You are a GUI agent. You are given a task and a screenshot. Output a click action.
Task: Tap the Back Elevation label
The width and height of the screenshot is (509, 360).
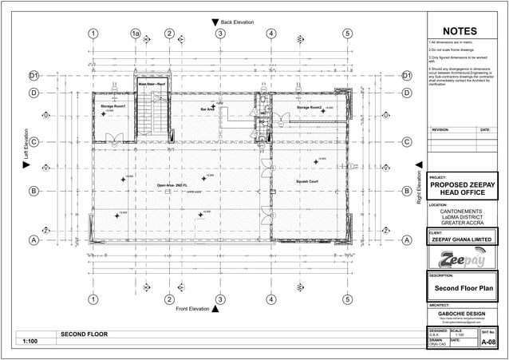237,22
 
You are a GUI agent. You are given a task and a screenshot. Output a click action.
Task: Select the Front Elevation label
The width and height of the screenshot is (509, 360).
191,309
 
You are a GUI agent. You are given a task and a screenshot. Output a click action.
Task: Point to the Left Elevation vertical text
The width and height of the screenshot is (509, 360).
25,148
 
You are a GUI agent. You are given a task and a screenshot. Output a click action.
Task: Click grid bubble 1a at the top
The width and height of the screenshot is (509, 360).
136,34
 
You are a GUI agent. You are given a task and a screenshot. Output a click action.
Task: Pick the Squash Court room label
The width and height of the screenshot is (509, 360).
307,181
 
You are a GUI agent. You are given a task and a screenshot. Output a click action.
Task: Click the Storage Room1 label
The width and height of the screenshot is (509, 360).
112,106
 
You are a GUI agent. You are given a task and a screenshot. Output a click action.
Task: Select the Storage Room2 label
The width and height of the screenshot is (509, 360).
309,107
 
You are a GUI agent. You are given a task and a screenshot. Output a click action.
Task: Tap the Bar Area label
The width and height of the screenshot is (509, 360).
207,109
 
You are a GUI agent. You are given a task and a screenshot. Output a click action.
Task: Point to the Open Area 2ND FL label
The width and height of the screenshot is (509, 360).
172,184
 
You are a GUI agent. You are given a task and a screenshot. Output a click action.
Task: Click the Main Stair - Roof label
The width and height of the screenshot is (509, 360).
152,83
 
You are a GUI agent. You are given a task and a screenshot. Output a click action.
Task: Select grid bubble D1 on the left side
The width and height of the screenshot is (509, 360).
34,76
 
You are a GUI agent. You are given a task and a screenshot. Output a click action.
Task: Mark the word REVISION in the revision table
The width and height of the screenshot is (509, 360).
441,129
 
